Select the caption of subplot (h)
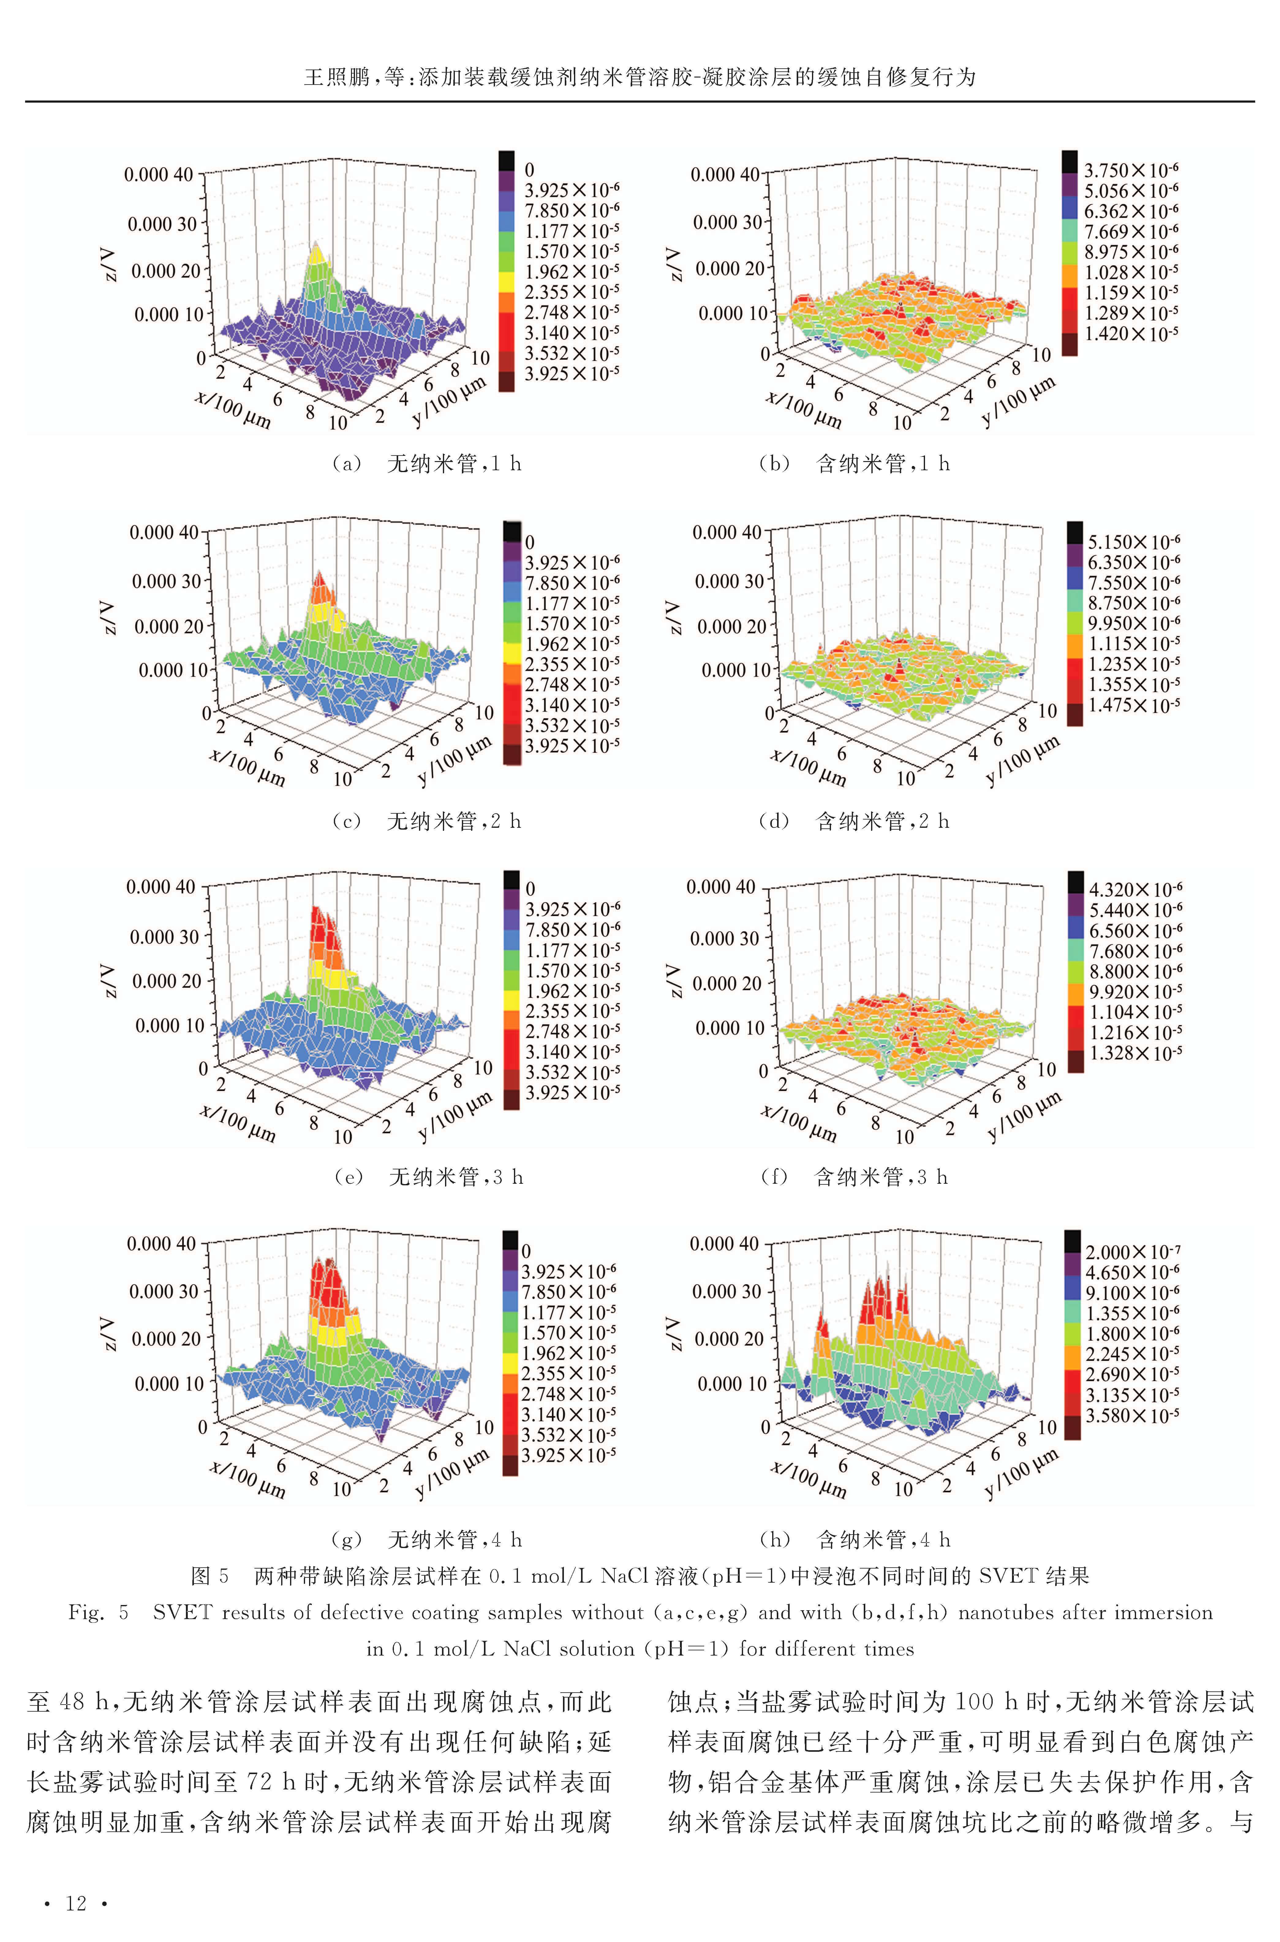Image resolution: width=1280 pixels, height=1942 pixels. [x=855, y=1539]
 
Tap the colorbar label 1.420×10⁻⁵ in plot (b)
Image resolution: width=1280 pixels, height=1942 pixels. [x=1131, y=333]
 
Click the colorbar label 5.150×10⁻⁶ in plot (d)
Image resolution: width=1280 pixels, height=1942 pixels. [x=1133, y=541]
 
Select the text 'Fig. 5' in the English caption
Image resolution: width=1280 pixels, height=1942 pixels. [x=98, y=1612]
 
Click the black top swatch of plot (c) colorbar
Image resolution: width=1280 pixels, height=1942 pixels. [x=512, y=530]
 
